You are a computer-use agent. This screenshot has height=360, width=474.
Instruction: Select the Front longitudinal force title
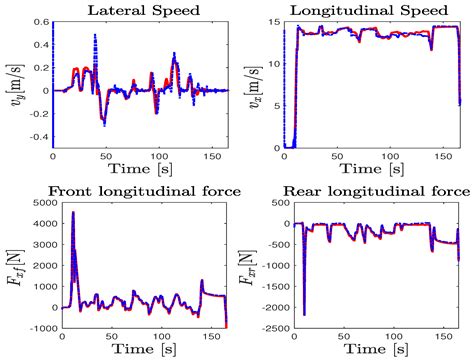pyautogui.click(x=133, y=190)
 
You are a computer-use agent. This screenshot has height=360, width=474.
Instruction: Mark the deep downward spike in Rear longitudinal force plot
pyautogui.click(x=305, y=314)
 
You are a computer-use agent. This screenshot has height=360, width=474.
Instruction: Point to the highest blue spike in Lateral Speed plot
pyautogui.click(x=95, y=36)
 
